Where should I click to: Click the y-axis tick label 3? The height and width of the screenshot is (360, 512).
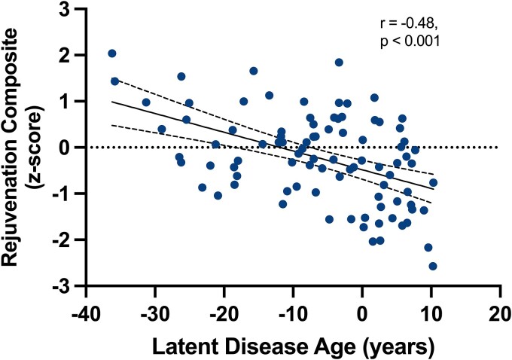pyautogui.click(x=65, y=9)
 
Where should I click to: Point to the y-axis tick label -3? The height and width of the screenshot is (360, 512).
pyautogui.click(x=61, y=286)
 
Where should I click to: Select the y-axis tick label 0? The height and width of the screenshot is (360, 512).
pyautogui.click(x=65, y=148)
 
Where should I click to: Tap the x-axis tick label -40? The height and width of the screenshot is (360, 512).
pyautogui.click(x=86, y=314)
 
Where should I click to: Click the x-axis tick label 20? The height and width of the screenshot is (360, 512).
pyautogui.click(x=501, y=314)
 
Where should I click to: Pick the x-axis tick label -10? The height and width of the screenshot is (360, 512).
pyautogui.click(x=293, y=314)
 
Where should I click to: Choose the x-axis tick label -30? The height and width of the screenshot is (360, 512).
pyautogui.click(x=155, y=314)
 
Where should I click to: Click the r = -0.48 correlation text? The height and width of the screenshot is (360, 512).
pyautogui.click(x=407, y=24)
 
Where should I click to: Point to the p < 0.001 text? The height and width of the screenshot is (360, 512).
pyautogui.click(x=410, y=41)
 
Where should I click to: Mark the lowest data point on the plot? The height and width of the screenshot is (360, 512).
pyautogui.click(x=433, y=267)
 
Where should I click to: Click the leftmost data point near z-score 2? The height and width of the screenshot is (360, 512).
pyautogui.click(x=112, y=53)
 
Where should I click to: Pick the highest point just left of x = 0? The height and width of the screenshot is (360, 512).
pyautogui.click(x=339, y=63)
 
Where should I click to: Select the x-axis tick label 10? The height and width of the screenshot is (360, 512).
pyautogui.click(x=431, y=314)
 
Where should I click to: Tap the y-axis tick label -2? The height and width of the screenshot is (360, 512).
pyautogui.click(x=61, y=239)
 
